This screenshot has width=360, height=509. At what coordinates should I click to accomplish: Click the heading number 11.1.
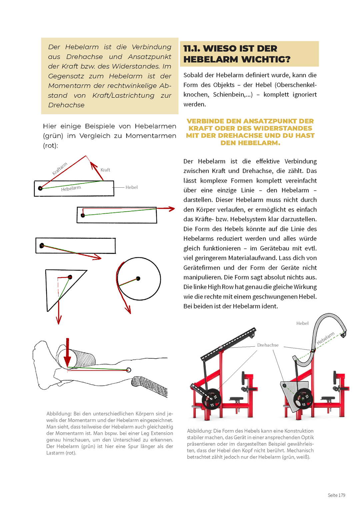[192, 49]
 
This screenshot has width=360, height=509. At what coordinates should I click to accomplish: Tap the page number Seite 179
[336, 495]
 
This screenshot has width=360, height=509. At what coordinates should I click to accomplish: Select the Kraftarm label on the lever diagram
[60, 168]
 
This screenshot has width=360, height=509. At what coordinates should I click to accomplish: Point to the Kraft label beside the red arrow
[105, 170]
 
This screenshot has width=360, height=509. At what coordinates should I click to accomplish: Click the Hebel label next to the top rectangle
[132, 187]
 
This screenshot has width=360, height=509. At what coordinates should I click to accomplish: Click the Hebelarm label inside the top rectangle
[71, 189]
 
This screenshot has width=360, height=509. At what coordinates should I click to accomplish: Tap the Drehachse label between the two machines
[268, 345]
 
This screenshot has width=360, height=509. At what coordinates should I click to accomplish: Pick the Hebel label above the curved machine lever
[302, 323]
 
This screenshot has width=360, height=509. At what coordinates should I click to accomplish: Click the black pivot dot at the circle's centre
[138, 278]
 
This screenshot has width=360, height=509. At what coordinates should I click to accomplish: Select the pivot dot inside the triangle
[70, 277]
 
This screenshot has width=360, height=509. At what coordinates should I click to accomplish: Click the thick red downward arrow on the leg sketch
[67, 353]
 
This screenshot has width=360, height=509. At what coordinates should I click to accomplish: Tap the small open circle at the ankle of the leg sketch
[129, 370]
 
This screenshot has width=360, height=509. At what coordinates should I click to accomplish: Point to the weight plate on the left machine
[212, 398]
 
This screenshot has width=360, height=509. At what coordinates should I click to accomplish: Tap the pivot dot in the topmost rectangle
[40, 188]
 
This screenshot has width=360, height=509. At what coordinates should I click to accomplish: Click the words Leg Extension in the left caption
[156, 433]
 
